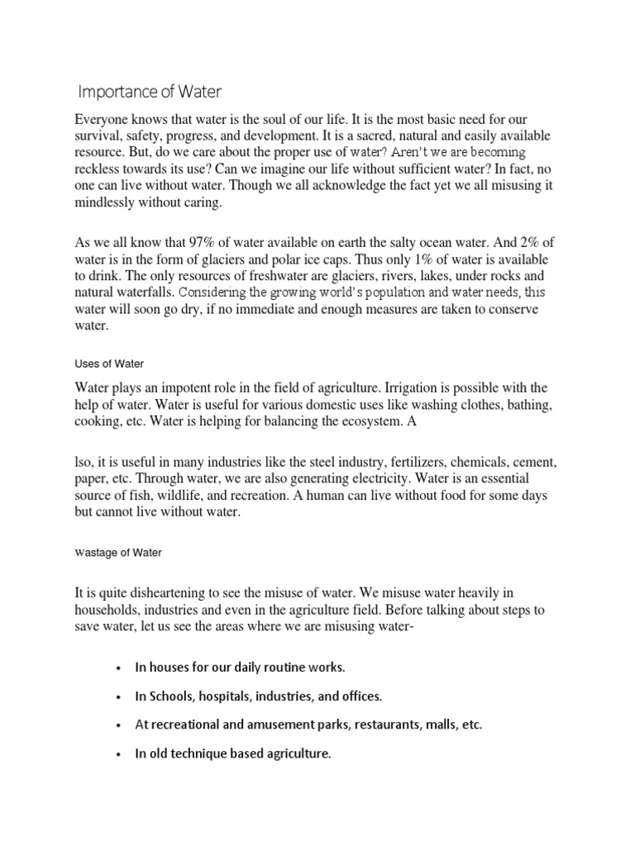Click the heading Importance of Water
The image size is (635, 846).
[x=150, y=90]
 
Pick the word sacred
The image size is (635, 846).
[x=352, y=135]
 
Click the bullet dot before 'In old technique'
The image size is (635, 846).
[x=120, y=754]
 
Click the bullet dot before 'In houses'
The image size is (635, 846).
[x=120, y=667]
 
